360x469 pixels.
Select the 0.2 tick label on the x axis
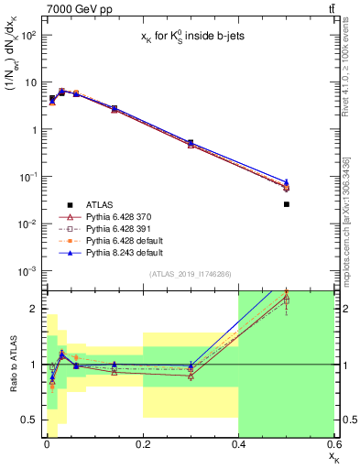pyautogui.click(x=142, y=444)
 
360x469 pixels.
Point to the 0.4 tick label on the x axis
pyautogui.click(x=238, y=444)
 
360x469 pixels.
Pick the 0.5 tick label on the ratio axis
pyautogui.click(x=29, y=420)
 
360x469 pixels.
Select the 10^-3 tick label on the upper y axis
pyautogui.click(x=26, y=271)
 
